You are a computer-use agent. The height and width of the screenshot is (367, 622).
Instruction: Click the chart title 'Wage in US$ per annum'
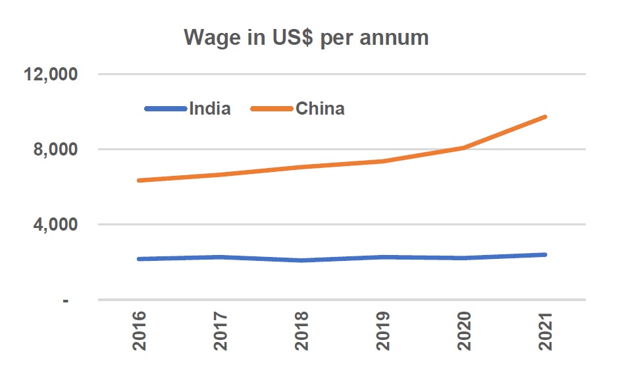tap(306, 38)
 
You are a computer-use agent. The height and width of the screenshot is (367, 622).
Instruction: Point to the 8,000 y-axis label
tap(55, 150)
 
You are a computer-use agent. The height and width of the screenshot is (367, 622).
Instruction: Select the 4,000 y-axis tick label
tap(55, 225)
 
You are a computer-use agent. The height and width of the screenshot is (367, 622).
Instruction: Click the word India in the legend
tap(209, 109)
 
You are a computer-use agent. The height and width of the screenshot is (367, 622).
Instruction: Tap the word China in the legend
tap(320, 109)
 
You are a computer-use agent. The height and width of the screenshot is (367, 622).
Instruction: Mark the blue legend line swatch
tap(166, 109)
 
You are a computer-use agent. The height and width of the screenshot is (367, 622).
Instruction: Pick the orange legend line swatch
tap(272, 109)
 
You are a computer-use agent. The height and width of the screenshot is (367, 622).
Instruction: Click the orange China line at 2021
tap(545, 117)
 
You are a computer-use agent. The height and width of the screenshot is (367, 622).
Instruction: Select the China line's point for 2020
tap(464, 148)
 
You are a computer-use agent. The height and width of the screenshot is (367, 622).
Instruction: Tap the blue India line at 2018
tap(302, 260)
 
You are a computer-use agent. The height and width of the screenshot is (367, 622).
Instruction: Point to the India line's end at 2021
tap(545, 254)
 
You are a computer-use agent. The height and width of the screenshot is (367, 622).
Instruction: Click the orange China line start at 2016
tap(140, 180)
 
